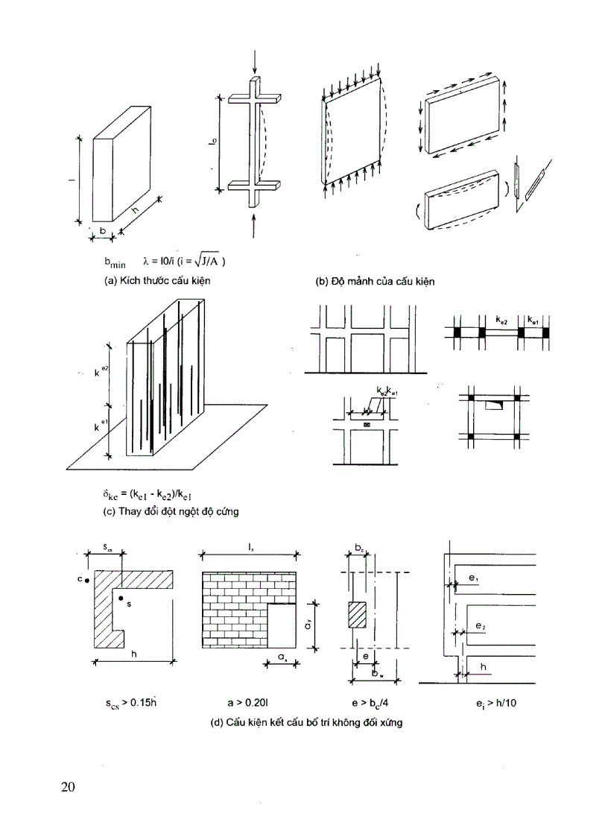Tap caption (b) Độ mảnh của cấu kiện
coord(376,282)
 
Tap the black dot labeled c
coord(88,579)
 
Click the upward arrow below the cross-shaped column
coord(255,225)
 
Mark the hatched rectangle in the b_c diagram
coord(358,616)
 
